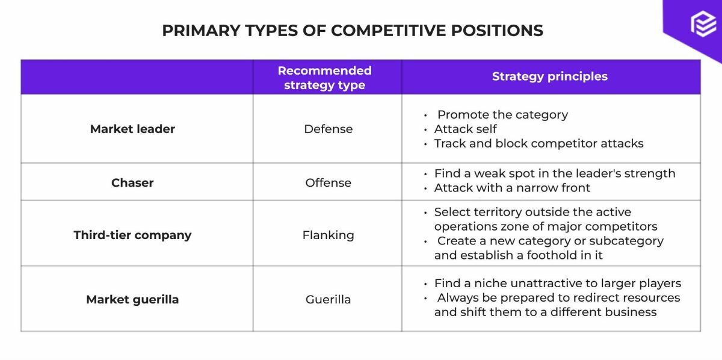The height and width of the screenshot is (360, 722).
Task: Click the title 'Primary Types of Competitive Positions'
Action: tap(352, 30)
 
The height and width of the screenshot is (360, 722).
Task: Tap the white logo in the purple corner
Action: tap(703, 26)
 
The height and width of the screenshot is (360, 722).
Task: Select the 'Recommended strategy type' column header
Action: tap(324, 78)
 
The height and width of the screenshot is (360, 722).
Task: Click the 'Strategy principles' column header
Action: tap(549, 76)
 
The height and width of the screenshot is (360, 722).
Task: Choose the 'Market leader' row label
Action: tap(132, 129)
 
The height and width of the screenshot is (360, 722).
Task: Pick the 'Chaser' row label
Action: tap(132, 182)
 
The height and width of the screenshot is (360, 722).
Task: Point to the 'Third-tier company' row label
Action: tap(132, 235)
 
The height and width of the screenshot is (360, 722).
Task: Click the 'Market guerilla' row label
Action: tap(132, 299)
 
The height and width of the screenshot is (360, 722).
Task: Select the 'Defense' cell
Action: tap(328, 129)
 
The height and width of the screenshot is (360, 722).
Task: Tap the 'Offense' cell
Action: tap(328, 182)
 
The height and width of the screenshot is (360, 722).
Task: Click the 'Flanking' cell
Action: tap(328, 235)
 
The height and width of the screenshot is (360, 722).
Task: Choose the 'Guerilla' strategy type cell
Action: tap(328, 299)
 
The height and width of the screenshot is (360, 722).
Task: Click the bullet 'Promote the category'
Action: tap(502, 114)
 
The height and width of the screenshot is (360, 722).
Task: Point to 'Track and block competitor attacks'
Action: tap(538, 143)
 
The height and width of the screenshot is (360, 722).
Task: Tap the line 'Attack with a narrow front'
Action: tap(512, 188)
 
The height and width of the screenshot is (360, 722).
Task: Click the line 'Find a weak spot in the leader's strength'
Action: tap(554, 173)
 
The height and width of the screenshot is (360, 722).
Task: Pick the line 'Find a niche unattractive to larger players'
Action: tap(557, 283)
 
